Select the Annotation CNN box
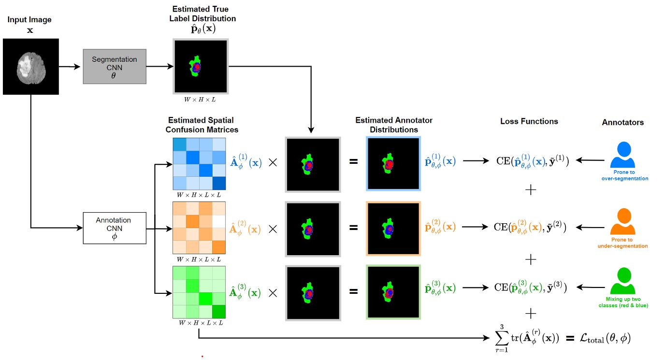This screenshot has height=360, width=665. pyautogui.click(x=114, y=228)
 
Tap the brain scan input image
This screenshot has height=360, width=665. pyautogui.click(x=31, y=67)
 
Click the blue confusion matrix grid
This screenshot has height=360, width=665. pyautogui.click(x=199, y=164)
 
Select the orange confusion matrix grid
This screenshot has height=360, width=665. pyautogui.click(x=199, y=227)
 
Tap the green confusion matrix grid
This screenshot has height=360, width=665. pyautogui.click(x=199, y=292)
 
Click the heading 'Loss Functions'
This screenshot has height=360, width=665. pyautogui.click(x=529, y=121)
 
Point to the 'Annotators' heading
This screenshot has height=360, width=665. pyautogui.click(x=622, y=122)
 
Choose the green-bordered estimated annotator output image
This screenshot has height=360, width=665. pyautogui.click(x=393, y=292)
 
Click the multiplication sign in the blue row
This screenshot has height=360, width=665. pyautogui.click(x=273, y=162)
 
